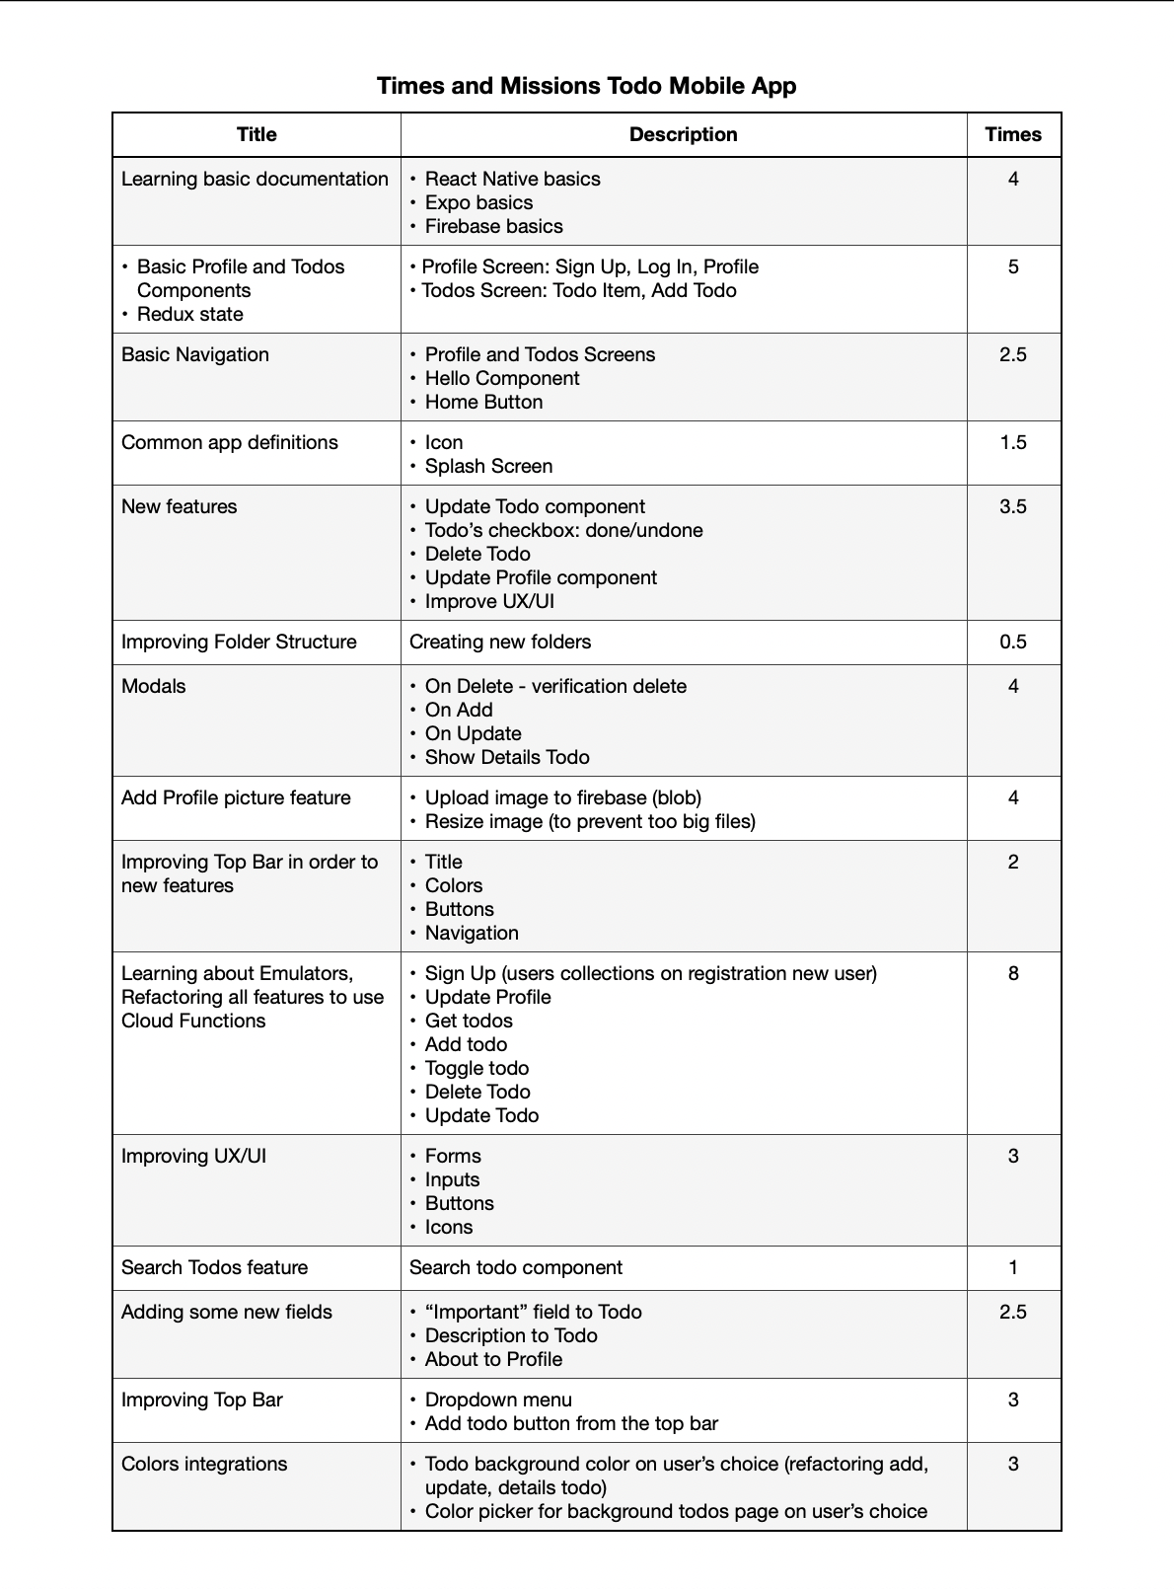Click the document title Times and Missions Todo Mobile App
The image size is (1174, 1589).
586,86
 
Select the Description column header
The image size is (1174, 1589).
683,134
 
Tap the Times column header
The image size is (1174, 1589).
1012,134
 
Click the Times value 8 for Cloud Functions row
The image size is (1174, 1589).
1012,973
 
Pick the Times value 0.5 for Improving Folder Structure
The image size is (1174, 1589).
1012,642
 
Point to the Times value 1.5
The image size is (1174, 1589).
1012,442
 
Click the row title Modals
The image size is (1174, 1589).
153,686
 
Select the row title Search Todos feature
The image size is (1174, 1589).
214,1267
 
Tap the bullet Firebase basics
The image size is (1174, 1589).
493,226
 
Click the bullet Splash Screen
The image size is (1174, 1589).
488,466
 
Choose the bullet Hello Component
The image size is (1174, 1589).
501,378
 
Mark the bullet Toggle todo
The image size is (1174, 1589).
477,1068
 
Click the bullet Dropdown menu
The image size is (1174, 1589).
497,1400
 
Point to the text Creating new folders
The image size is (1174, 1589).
500,642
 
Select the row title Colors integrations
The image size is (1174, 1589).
204,1464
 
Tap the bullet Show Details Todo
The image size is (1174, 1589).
507,757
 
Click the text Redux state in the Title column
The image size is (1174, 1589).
189,314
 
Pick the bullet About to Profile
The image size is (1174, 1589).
493,1359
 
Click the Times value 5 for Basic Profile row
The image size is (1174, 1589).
1012,266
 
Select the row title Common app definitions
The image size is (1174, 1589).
229,442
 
